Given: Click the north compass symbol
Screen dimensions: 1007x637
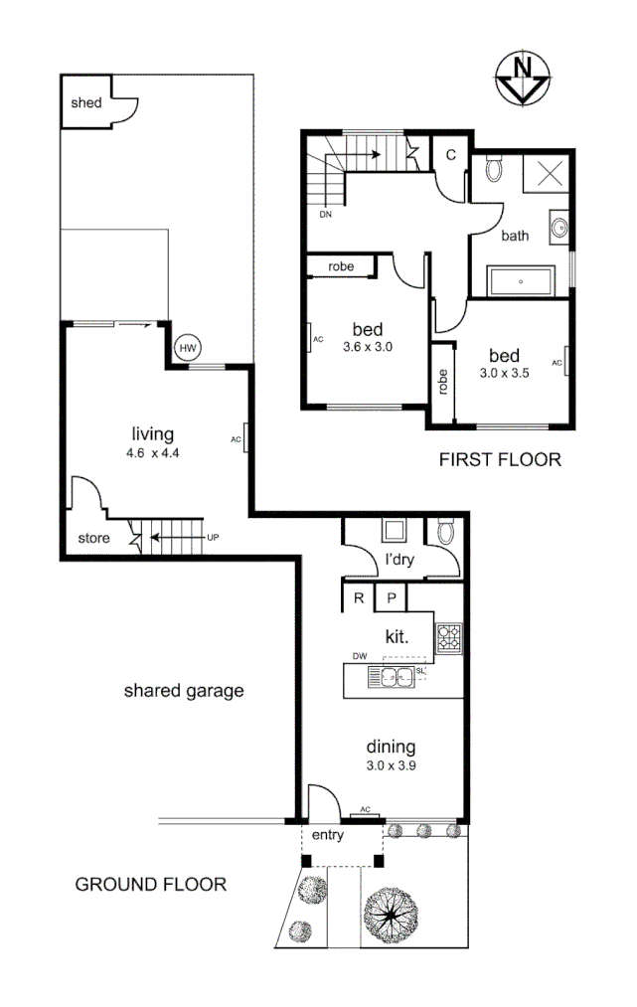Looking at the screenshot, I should coord(524,79).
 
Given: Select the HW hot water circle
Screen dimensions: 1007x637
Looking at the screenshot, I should coord(187,348).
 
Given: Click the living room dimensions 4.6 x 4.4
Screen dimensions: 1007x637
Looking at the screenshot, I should coord(153,452).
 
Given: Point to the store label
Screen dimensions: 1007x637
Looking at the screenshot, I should coord(94,539).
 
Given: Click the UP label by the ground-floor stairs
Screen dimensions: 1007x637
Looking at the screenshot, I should coord(212,538).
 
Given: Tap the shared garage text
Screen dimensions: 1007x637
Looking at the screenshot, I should coord(183,690).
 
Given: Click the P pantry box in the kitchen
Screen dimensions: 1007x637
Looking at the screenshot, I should coord(391,598).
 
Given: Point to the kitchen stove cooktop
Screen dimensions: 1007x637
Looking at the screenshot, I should coord(449,637).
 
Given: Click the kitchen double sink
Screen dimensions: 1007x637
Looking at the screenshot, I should coord(396,679).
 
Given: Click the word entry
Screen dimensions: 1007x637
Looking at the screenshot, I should coord(327,835).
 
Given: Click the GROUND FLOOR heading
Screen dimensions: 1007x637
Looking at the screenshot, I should coord(151,883).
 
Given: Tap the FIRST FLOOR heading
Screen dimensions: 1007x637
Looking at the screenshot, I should coord(500,459).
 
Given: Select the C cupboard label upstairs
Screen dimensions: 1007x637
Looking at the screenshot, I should coord(450,154).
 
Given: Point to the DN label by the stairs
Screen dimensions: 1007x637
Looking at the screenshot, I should coord(325,214).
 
